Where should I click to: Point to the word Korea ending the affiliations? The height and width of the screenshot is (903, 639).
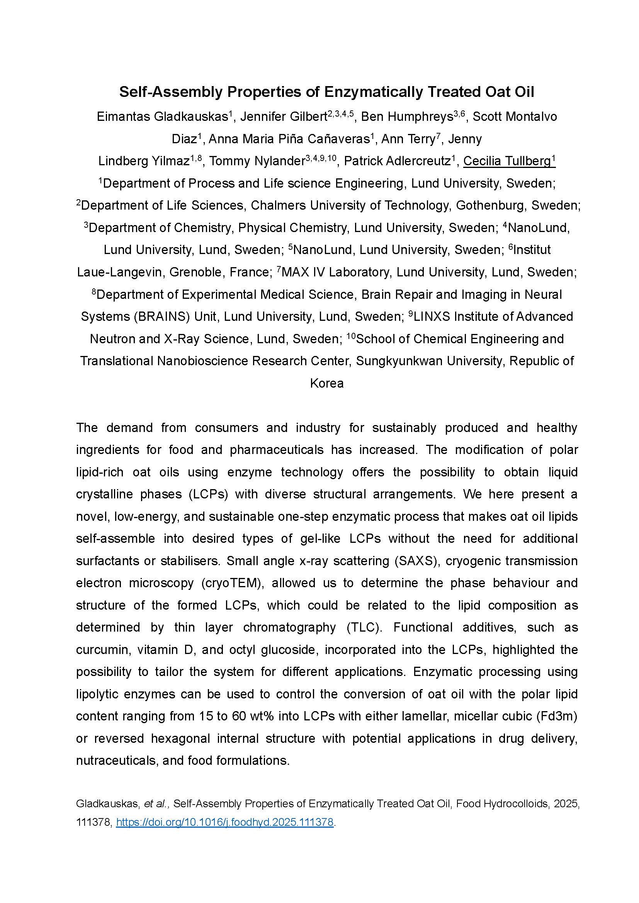click(x=326, y=383)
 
